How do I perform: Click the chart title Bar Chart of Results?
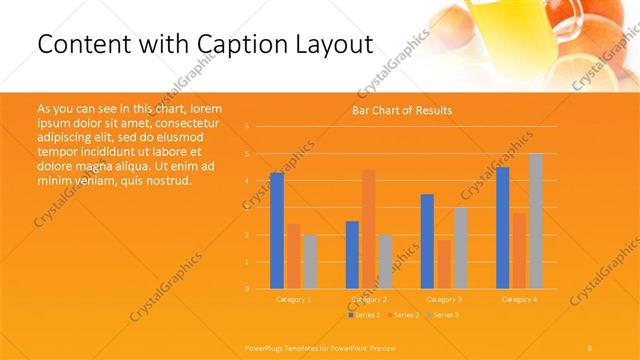(401, 110)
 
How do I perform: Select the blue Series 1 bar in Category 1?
(276, 231)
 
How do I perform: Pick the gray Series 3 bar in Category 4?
(536, 221)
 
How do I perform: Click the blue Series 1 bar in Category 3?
(427, 241)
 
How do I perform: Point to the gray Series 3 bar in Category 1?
(310, 262)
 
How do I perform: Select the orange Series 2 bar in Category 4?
(519, 251)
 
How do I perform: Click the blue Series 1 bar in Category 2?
(352, 255)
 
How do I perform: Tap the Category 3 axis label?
(444, 299)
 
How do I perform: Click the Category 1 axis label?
(293, 299)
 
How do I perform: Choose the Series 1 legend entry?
(365, 315)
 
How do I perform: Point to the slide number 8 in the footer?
(590, 347)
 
